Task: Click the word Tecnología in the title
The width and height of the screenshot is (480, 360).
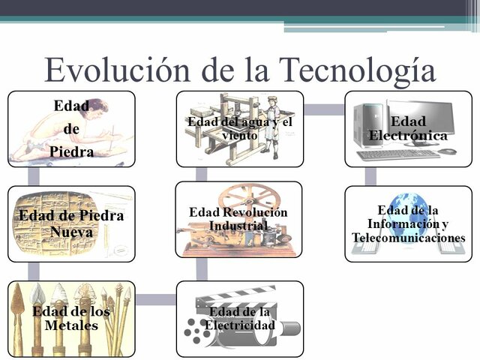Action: [x=358, y=70]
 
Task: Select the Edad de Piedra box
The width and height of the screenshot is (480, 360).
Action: [x=72, y=128]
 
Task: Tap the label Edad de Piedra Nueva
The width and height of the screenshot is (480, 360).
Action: [x=71, y=224]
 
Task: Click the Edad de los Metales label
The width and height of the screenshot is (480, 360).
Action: [x=71, y=319]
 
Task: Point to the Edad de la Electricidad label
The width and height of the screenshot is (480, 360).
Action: [x=241, y=319]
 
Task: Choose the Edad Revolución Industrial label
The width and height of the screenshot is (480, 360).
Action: [x=238, y=219]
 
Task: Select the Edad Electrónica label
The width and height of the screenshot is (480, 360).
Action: [x=408, y=129]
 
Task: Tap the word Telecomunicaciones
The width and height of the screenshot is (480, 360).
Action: [x=409, y=238]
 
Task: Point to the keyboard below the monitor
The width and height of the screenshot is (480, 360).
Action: [x=397, y=154]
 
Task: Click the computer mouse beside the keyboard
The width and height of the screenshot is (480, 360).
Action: [x=448, y=151]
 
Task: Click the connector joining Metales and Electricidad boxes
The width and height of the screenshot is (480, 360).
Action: [x=156, y=299]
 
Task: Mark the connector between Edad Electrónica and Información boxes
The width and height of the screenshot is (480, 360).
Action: [x=371, y=176]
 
